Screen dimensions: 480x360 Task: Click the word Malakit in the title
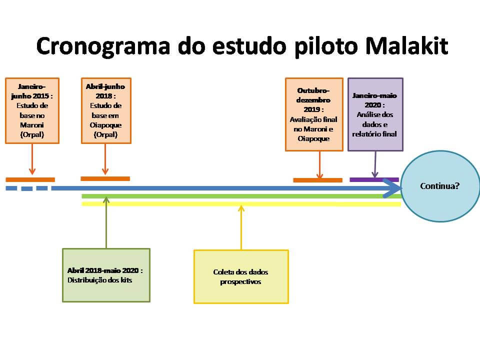pyautogui.click(x=407, y=46)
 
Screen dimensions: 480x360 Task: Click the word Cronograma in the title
pyautogui.click(x=103, y=46)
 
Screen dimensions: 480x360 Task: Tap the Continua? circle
pyautogui.click(x=440, y=186)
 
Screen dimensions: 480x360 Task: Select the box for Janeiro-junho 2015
pyautogui.click(x=32, y=110)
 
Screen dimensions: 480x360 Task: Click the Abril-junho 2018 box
pyautogui.click(x=106, y=110)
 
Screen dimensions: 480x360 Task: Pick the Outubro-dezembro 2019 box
pyautogui.click(x=314, y=114)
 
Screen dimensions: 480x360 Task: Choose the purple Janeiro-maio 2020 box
pyautogui.click(x=375, y=114)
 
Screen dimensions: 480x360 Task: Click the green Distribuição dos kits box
pyautogui.click(x=106, y=275)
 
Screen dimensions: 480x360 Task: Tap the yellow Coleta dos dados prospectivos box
pyautogui.click(x=241, y=276)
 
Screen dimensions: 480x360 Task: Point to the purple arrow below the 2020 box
pyautogui.click(x=375, y=164)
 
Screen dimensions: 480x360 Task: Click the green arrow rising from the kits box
pyautogui.click(x=106, y=222)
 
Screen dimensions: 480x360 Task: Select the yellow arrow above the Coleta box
pyautogui.click(x=241, y=228)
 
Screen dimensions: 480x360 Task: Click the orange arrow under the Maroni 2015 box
pyautogui.click(x=32, y=159)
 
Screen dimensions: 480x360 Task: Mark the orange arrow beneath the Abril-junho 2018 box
pyautogui.click(x=105, y=159)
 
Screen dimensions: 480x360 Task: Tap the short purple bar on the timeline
pyautogui.click(x=374, y=179)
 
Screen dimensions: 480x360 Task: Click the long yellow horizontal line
pyautogui.click(x=241, y=204)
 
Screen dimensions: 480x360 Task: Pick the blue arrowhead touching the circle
pyautogui.click(x=392, y=187)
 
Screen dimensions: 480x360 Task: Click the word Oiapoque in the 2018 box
pyautogui.click(x=105, y=125)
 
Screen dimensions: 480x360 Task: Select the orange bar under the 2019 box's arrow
pyautogui.click(x=318, y=180)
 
